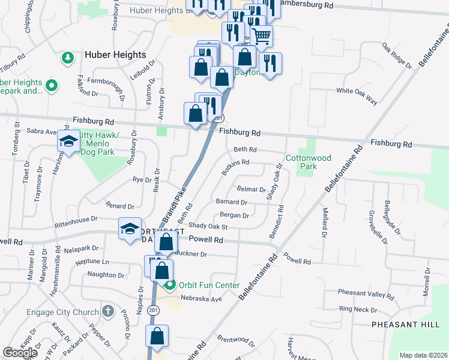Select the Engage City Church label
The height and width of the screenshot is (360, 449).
click(x=62, y=312)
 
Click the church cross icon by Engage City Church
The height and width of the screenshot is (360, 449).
click(x=107, y=311)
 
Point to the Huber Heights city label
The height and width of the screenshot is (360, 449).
click(x=115, y=55)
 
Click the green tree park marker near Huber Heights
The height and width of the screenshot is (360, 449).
click(x=67, y=58)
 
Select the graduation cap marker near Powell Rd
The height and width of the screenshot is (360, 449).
click(x=130, y=229)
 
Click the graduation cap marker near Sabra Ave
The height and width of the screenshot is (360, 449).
click(x=68, y=142)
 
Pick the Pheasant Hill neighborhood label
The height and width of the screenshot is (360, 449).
click(x=405, y=324)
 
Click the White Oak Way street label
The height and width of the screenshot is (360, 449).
click(x=357, y=95)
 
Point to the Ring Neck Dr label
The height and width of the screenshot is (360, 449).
click(x=358, y=310)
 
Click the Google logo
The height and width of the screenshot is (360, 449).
click(x=20, y=352)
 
